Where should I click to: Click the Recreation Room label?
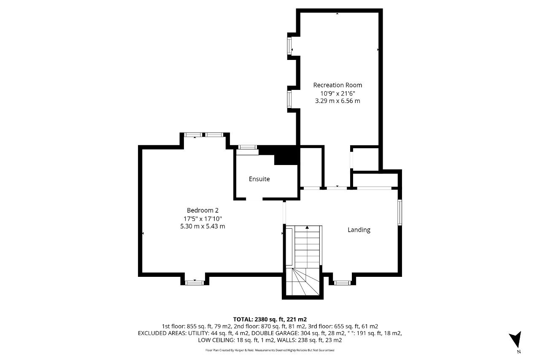(337, 85)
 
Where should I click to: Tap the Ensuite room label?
(259, 179)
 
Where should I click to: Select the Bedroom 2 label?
(202, 210)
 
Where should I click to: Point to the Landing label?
(359, 230)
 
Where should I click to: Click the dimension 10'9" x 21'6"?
(337, 93)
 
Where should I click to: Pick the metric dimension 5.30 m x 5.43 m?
(202, 226)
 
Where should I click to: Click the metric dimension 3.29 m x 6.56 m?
(337, 101)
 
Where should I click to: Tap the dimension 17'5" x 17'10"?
(202, 219)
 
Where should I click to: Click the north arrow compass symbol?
(516, 340)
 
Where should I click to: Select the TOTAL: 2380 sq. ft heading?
(270, 319)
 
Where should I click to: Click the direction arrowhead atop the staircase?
(307, 227)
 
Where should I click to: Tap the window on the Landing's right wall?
(400, 212)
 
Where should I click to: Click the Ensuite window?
(248, 147)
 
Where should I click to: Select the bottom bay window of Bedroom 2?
(194, 283)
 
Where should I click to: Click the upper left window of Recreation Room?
(289, 46)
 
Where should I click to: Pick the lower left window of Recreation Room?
(289, 99)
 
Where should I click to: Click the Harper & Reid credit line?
(270, 350)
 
